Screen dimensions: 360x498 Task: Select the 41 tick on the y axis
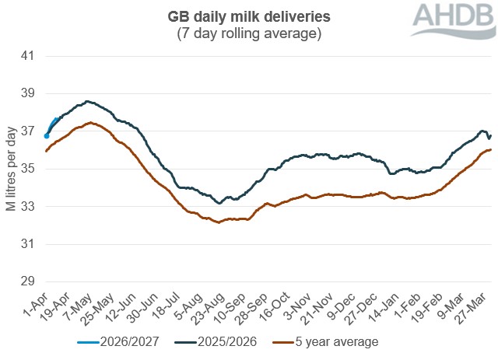(x=29, y=56)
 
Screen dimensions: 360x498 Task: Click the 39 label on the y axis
(x=29, y=93)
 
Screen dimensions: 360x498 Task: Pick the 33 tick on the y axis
(x=29, y=207)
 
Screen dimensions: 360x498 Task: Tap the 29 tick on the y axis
(x=29, y=281)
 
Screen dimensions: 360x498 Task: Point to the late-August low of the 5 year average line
(x=219, y=222)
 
